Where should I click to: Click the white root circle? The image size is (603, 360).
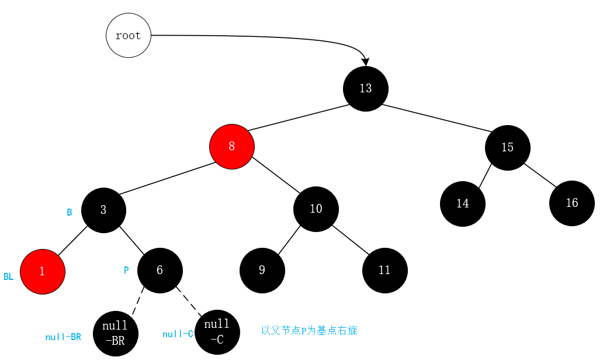[x=129, y=35]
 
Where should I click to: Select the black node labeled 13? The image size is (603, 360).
[x=366, y=89]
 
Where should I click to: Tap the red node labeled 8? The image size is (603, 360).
[x=232, y=146]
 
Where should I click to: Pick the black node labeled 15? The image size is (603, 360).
[x=507, y=147]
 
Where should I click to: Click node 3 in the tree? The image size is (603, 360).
[x=103, y=210]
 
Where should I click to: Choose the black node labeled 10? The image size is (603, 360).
[x=316, y=209]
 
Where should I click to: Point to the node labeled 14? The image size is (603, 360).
[x=463, y=204]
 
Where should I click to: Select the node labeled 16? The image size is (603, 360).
[x=571, y=203]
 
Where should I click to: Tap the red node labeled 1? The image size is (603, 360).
[x=43, y=271]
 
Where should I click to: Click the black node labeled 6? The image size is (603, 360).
[x=160, y=270]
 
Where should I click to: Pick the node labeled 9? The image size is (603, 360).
[x=262, y=270]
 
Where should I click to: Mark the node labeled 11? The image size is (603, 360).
[x=384, y=270]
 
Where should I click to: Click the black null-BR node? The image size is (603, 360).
[x=116, y=334]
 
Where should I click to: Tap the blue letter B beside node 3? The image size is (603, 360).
[x=69, y=212]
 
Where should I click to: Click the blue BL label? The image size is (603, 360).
[x=8, y=277]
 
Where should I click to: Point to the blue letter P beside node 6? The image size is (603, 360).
[x=126, y=271]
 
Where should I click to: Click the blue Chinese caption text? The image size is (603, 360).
[x=309, y=331]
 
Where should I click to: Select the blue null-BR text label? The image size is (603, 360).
[x=63, y=337]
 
